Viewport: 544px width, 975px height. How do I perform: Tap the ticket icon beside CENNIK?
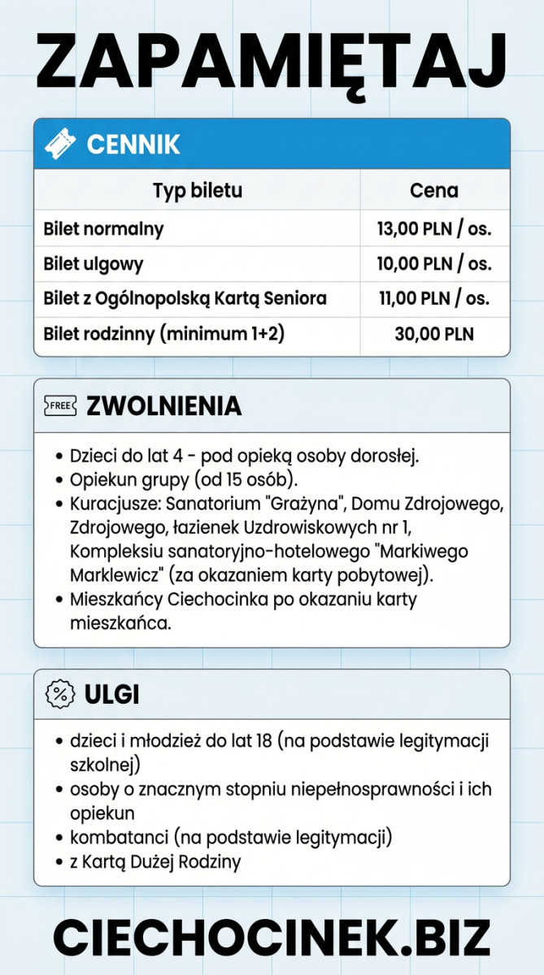point(60,145)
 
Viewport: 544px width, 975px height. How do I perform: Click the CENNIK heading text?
point(133,145)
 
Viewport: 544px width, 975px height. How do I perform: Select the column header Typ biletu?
point(198,191)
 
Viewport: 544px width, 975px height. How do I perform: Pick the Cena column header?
point(433,191)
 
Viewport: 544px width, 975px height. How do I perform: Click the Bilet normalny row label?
point(103,229)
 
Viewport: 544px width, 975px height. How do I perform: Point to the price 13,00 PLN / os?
point(433,229)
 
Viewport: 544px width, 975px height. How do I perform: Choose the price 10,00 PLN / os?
point(433,264)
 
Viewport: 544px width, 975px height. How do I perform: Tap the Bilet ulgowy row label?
point(94,264)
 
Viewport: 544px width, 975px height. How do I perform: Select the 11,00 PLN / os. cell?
point(434,298)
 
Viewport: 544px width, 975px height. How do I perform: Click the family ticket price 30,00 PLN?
point(433,333)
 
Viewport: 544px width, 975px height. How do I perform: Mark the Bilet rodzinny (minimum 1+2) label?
point(163,333)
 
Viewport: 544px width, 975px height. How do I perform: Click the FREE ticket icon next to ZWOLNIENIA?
point(60,405)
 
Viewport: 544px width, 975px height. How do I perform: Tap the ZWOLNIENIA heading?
point(163,405)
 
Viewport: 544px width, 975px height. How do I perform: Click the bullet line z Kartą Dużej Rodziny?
point(155,861)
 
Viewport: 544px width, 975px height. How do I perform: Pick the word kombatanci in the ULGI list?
point(111,837)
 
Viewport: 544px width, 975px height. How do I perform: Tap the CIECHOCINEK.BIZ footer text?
point(272,936)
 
